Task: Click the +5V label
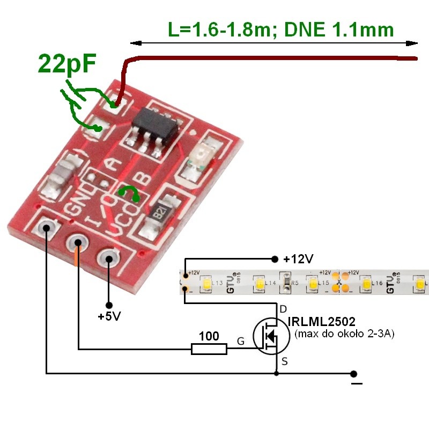(x=109, y=316)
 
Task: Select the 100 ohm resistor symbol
(x=209, y=350)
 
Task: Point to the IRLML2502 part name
(x=321, y=322)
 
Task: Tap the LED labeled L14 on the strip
(x=260, y=283)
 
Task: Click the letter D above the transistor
(x=284, y=309)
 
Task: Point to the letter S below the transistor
(x=284, y=362)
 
